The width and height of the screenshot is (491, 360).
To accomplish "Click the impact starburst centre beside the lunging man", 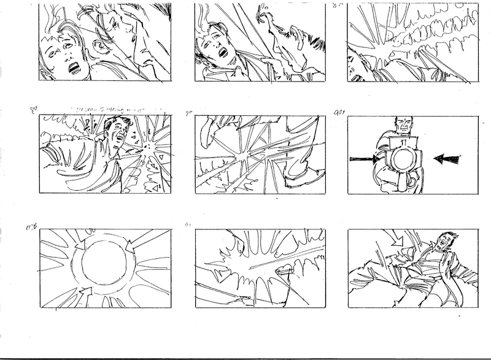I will click(147, 149).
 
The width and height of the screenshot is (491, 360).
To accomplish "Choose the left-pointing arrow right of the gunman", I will click(447, 159).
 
